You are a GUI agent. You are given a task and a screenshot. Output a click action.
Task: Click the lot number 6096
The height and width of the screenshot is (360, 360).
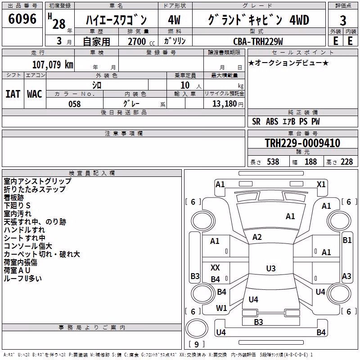(22, 19)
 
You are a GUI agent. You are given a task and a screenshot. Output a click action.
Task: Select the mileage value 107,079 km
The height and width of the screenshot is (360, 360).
(53, 64)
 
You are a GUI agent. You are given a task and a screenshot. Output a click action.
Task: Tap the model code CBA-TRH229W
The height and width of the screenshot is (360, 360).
(258, 41)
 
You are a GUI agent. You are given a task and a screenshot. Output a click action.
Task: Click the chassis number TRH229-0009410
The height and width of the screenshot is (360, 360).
(302, 143)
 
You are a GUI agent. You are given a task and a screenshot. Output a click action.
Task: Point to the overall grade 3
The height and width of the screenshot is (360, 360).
(343, 21)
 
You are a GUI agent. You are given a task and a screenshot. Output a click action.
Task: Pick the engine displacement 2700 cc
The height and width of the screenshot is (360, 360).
(141, 41)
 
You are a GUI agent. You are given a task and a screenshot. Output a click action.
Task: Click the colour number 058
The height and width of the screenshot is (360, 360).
(75, 104)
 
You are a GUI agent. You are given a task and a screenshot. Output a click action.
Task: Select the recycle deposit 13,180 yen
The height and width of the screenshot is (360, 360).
(228, 104)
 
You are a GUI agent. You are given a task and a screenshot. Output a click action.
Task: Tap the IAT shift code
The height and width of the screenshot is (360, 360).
(13, 94)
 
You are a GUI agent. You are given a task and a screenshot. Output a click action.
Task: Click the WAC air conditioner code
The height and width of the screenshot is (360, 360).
(35, 94)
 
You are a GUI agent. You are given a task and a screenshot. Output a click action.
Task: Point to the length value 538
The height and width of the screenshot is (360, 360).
(273, 162)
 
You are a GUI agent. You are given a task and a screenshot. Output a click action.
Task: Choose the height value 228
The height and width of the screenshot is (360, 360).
(346, 162)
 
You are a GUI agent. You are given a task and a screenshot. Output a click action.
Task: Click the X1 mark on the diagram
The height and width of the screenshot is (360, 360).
(321, 184)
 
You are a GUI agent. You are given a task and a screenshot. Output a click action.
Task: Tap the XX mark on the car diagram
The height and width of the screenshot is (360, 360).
(215, 267)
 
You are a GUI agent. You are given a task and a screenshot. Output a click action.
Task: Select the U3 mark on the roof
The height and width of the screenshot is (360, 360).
(271, 268)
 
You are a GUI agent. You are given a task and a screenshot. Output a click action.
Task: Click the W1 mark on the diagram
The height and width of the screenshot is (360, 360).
(221, 308)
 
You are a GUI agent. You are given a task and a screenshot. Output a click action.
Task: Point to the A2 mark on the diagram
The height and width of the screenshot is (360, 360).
(257, 237)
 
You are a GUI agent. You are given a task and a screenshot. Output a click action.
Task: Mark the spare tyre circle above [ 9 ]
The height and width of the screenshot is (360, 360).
(197, 328)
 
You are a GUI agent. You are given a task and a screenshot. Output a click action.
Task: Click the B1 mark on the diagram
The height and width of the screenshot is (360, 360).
(347, 240)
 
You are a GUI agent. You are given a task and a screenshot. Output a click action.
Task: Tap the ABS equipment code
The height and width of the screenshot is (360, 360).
(272, 121)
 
